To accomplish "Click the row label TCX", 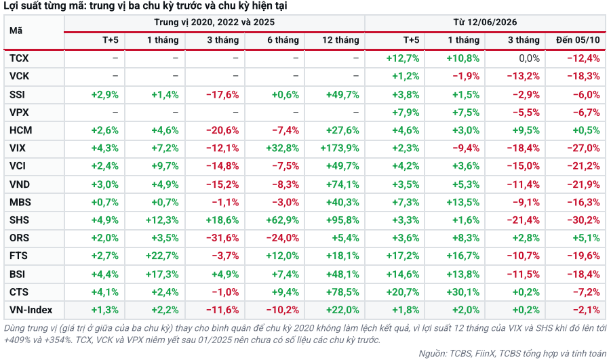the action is (x=19, y=58).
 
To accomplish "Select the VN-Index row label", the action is (x=31, y=310).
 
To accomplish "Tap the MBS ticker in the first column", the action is (x=20, y=202).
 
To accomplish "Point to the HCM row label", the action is (x=20, y=130).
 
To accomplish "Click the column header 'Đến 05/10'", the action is (x=578, y=40).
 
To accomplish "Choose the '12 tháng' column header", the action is (x=340, y=40).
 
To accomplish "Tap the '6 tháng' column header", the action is (x=283, y=40).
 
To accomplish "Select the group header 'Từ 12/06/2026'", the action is (x=485, y=22).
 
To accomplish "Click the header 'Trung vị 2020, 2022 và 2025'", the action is (x=214, y=22).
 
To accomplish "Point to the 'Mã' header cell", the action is (x=16, y=31).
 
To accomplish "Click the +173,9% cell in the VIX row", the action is (x=340, y=148).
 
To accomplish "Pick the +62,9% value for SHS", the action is (x=283, y=220).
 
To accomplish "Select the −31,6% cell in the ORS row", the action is (x=222, y=238).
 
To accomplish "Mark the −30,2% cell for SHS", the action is (x=583, y=220).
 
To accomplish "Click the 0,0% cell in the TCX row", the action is (x=529, y=58).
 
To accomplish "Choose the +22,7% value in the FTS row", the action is (x=162, y=256).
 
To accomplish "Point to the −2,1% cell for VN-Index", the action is (x=586, y=310).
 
